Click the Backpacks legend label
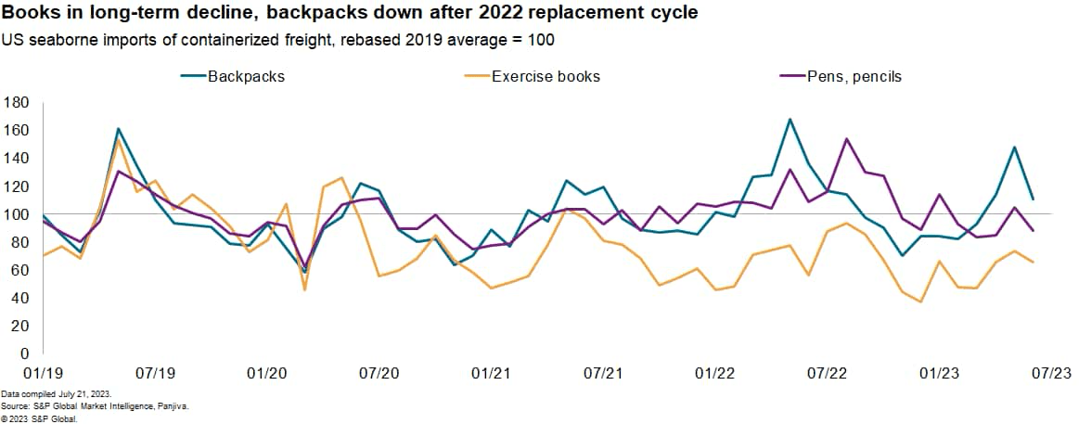tap(247, 76)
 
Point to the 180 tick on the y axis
tap(18, 102)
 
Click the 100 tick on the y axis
tap(18, 214)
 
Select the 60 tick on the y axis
tap(21, 270)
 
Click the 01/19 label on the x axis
tap(43, 373)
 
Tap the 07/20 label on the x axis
tap(379, 373)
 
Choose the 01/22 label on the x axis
tap(715, 373)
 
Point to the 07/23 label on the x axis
tap(1051, 373)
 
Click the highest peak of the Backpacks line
tap(789, 120)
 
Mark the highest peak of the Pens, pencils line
tap(846, 139)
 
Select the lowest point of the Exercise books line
tap(920, 302)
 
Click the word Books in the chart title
tap(30, 15)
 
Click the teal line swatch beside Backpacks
tap(192, 76)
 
